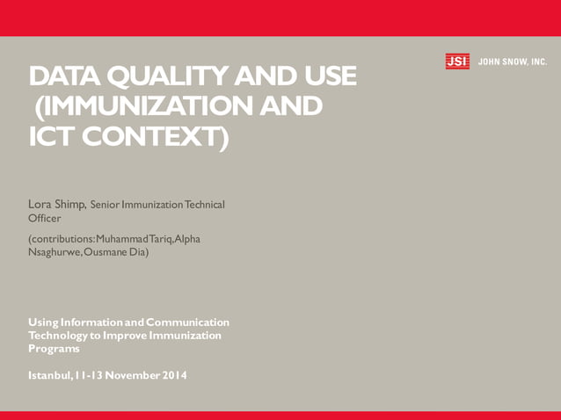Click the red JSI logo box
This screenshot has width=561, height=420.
point(457,62)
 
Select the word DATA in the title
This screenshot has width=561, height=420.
point(63,77)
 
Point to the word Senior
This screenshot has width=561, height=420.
point(109,205)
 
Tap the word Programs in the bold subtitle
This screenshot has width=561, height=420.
point(54,349)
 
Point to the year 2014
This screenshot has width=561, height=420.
point(173,375)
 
